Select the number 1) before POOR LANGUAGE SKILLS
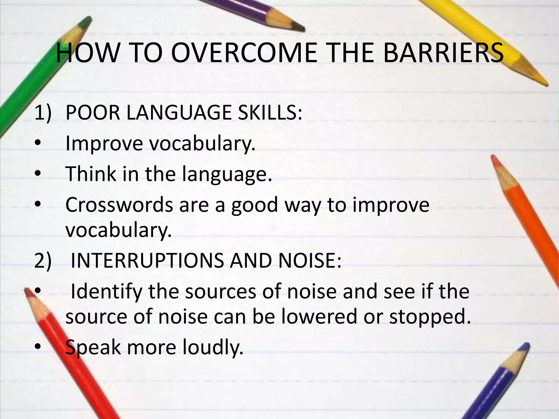point(43,112)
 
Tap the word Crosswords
point(119,205)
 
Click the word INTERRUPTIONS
point(147,261)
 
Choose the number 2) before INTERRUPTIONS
point(43,261)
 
